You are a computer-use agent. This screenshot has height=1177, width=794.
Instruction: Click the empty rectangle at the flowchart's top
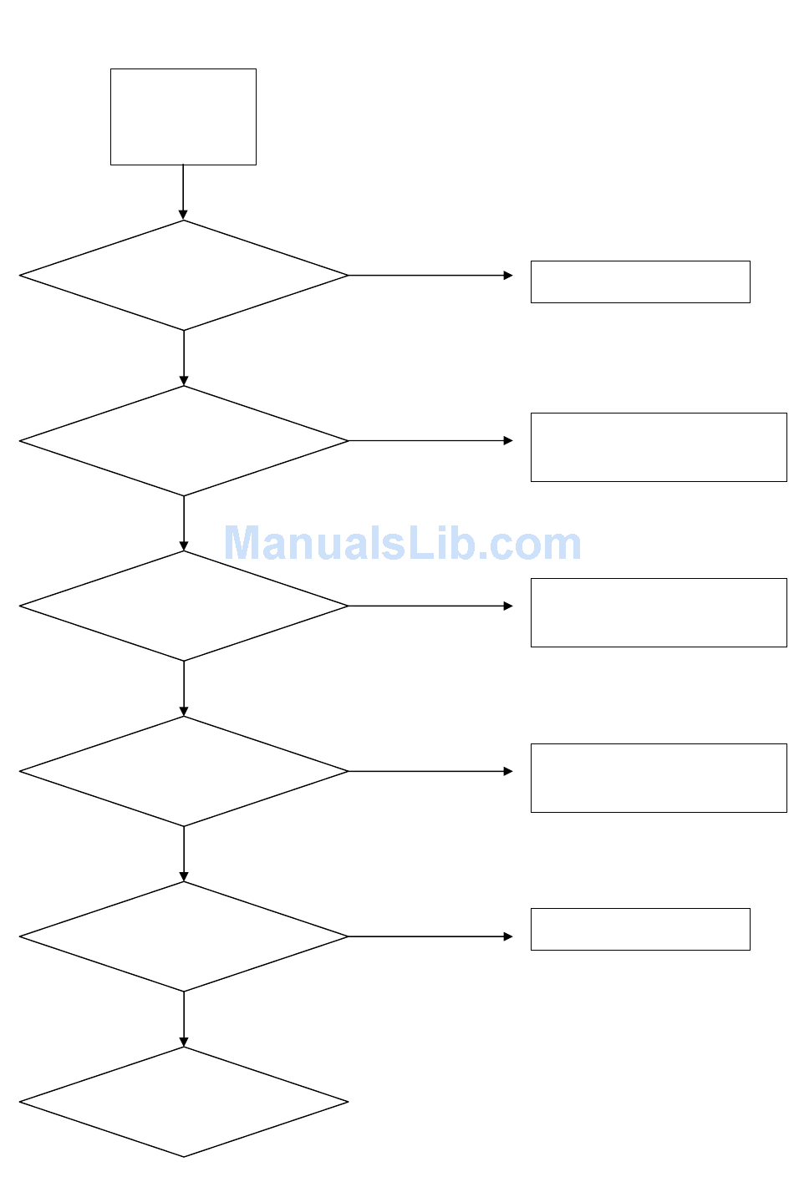click(183, 117)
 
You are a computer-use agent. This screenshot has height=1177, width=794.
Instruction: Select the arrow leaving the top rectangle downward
click(183, 192)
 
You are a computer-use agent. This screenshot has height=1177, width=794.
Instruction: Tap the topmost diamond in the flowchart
click(183, 276)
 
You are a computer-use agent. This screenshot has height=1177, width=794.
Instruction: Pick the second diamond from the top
click(183, 441)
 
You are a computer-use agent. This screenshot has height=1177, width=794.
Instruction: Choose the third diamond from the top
click(183, 606)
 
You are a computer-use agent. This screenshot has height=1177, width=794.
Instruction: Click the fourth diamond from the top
click(183, 772)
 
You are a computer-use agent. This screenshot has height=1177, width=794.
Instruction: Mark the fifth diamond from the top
click(183, 937)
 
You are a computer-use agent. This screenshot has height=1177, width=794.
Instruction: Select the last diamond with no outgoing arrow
click(183, 1103)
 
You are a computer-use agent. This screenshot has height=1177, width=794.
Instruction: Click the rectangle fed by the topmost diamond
click(640, 282)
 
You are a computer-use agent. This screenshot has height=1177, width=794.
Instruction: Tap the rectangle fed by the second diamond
click(659, 448)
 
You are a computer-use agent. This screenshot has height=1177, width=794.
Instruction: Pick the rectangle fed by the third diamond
click(659, 613)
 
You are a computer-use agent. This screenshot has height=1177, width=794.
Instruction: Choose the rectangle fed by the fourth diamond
click(659, 779)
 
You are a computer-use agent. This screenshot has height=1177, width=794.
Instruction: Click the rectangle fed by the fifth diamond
click(640, 930)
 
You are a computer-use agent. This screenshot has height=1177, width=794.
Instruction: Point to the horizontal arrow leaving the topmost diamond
click(430, 276)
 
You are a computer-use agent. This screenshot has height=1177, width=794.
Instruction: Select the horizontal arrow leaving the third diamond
click(430, 606)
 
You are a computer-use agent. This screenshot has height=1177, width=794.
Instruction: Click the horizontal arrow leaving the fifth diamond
click(430, 937)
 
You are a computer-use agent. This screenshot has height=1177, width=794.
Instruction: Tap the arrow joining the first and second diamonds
click(184, 358)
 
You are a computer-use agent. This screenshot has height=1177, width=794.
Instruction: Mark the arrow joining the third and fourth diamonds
click(184, 688)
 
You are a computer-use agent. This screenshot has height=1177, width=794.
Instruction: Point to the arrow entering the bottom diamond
click(184, 1019)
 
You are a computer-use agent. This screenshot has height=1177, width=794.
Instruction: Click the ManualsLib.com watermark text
click(402, 544)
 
